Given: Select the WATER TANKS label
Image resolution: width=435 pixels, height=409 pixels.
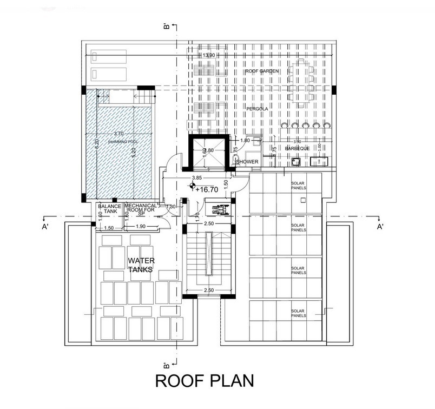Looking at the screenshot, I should click(x=142, y=266).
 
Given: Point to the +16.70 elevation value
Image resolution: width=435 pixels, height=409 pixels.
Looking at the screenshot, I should click(x=209, y=190).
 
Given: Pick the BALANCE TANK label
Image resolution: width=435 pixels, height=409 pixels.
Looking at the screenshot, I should click(x=108, y=209).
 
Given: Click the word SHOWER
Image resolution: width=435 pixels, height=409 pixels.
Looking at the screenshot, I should click(x=247, y=162).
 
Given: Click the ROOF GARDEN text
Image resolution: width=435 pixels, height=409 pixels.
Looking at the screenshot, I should click(x=258, y=71).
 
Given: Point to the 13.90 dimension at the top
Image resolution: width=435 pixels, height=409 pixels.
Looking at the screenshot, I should click(x=208, y=56).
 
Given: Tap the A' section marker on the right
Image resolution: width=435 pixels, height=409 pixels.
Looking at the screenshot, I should click(x=381, y=227).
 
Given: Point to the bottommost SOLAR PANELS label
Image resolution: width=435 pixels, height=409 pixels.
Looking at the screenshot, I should click(x=297, y=313).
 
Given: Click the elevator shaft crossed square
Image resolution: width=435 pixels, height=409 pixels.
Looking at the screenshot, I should click(x=208, y=154).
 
